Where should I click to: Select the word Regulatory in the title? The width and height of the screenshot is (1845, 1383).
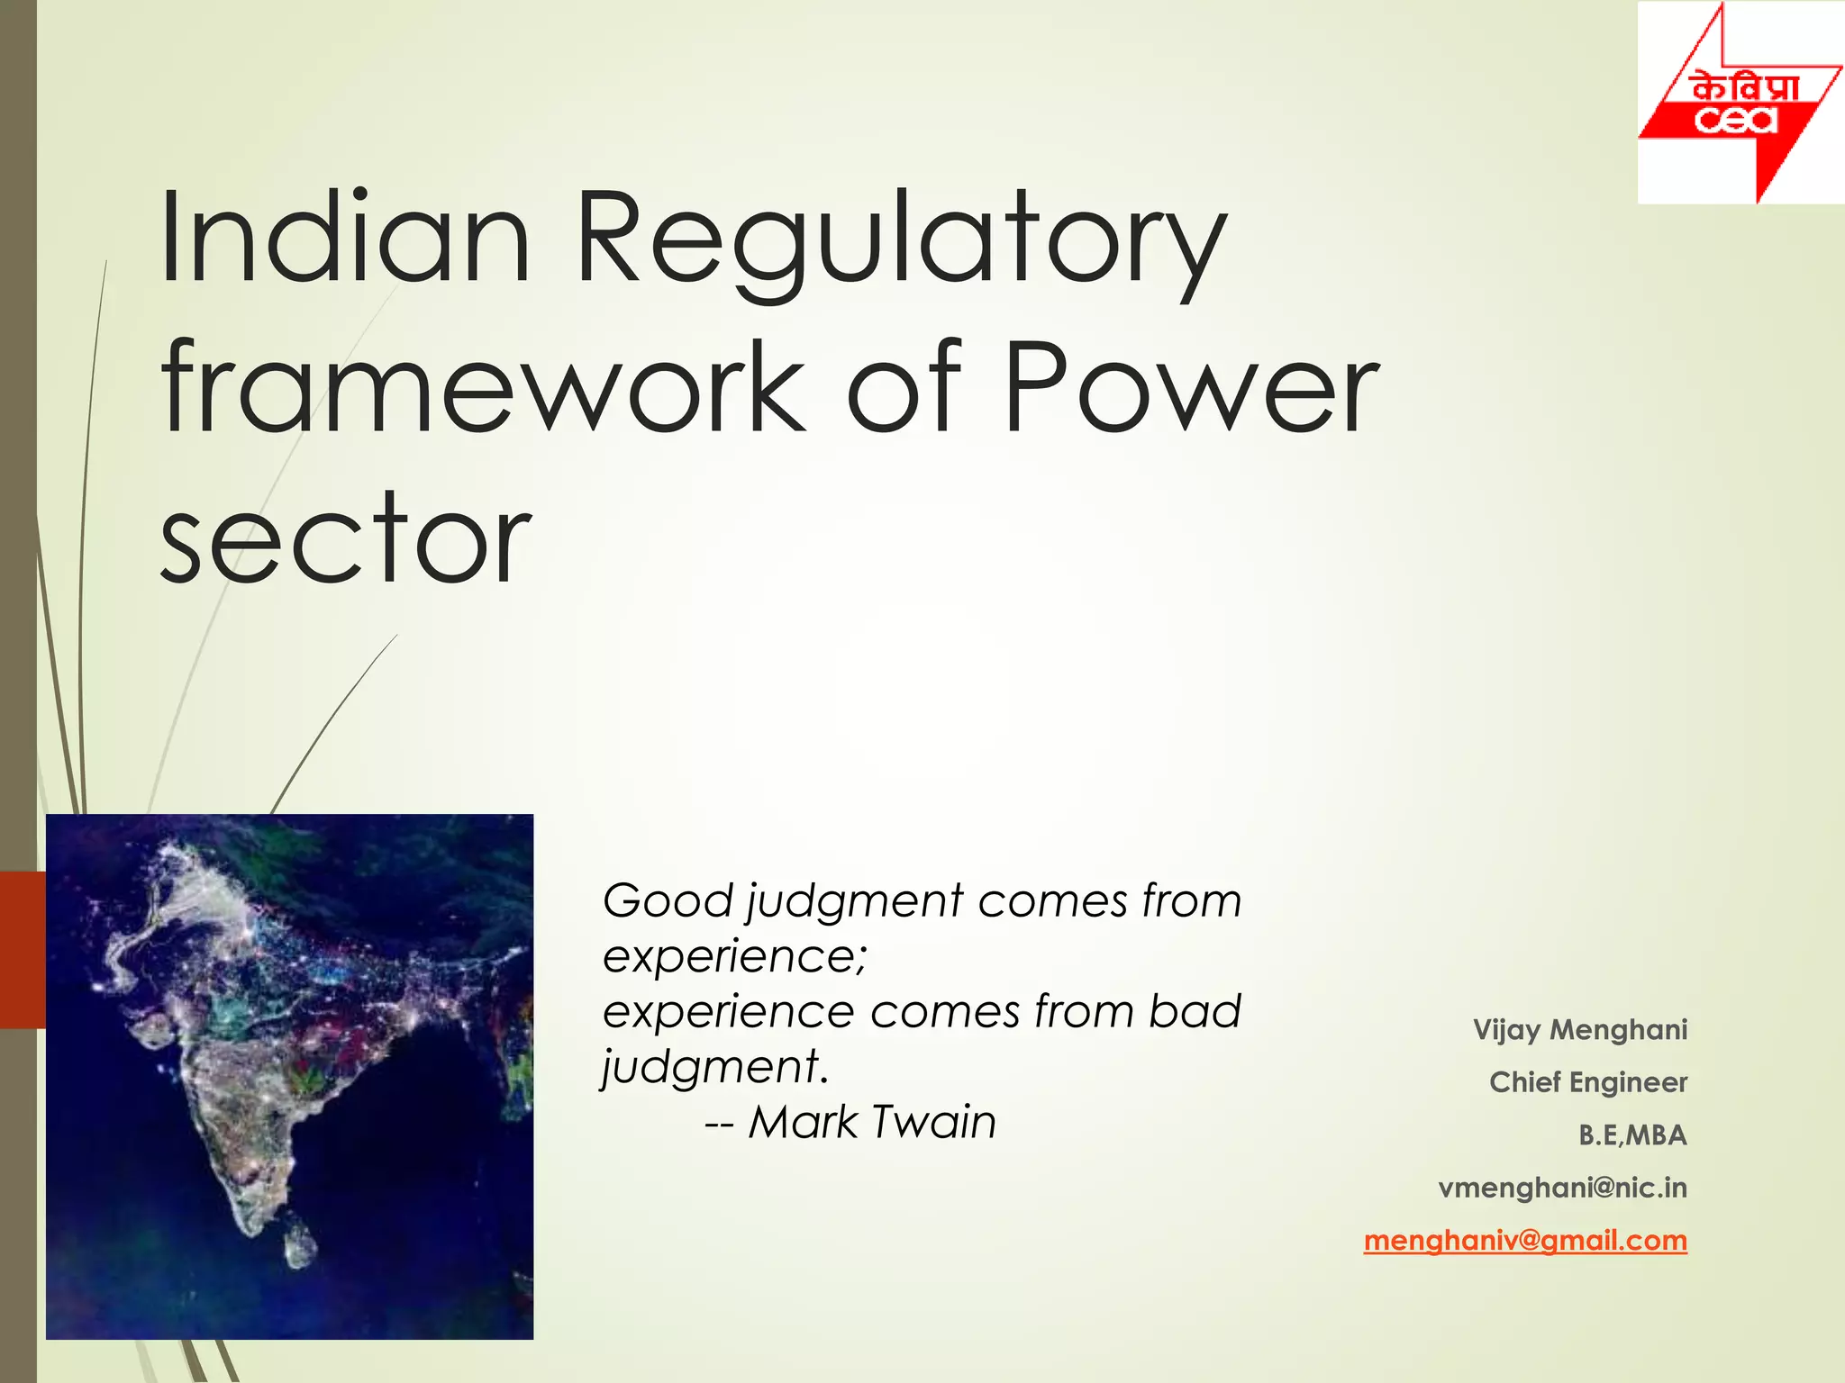901,241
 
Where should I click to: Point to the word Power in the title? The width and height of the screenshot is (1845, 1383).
1191,389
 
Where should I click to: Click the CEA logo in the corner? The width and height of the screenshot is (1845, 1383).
1740,103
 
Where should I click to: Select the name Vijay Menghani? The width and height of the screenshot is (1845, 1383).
1579,1029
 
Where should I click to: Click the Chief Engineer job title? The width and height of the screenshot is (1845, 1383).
1587,1082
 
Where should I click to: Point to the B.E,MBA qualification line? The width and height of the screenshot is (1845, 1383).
1631,1135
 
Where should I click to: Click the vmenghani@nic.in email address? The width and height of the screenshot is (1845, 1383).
1562,1188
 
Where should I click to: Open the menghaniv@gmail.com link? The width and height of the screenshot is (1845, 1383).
1524,1241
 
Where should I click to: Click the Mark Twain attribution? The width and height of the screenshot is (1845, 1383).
872,1123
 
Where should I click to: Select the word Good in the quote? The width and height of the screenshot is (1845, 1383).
668,901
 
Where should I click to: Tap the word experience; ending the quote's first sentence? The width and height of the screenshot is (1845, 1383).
734,956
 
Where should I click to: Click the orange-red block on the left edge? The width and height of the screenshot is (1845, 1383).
23,949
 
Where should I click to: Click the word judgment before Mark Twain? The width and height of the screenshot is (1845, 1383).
713,1068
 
